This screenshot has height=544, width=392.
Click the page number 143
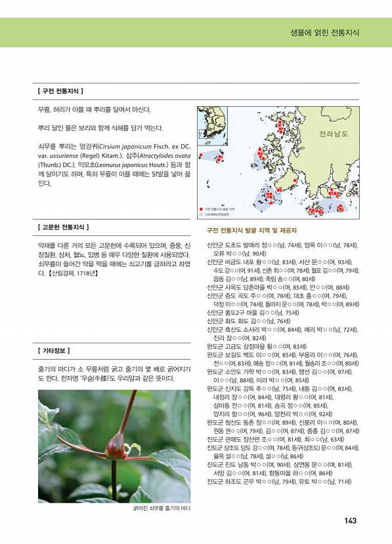point(350,520)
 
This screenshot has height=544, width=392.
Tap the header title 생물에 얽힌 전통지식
point(326,32)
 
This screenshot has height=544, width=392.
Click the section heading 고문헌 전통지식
point(64,227)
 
